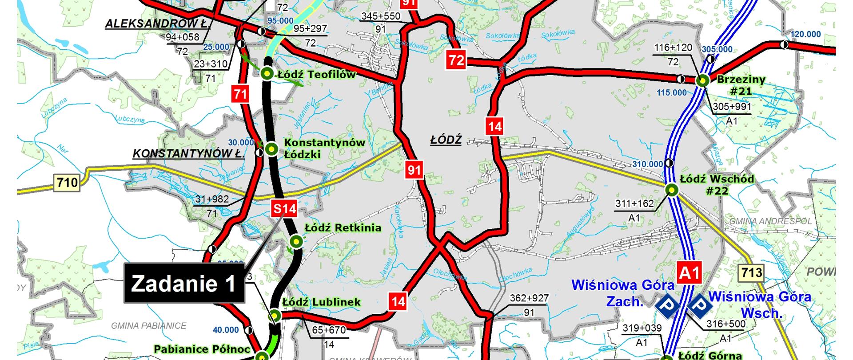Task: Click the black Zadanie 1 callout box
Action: (x=184, y=284)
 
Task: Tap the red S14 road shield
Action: (x=284, y=208)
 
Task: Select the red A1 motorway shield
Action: (x=689, y=272)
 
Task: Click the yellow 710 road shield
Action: (x=68, y=182)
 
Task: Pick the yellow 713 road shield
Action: (x=751, y=272)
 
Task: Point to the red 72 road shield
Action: (x=457, y=60)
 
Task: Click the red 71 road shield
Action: (x=240, y=94)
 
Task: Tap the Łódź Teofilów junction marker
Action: (x=267, y=74)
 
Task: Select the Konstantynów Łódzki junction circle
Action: (x=271, y=149)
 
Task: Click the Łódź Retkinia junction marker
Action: (x=296, y=241)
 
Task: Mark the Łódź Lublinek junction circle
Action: (x=275, y=316)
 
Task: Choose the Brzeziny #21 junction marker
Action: (x=702, y=81)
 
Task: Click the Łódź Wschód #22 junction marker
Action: (x=672, y=190)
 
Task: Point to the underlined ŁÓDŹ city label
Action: (x=446, y=140)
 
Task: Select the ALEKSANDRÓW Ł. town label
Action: (x=158, y=24)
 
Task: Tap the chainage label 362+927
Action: (x=529, y=298)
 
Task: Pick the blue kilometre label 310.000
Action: (x=648, y=164)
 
